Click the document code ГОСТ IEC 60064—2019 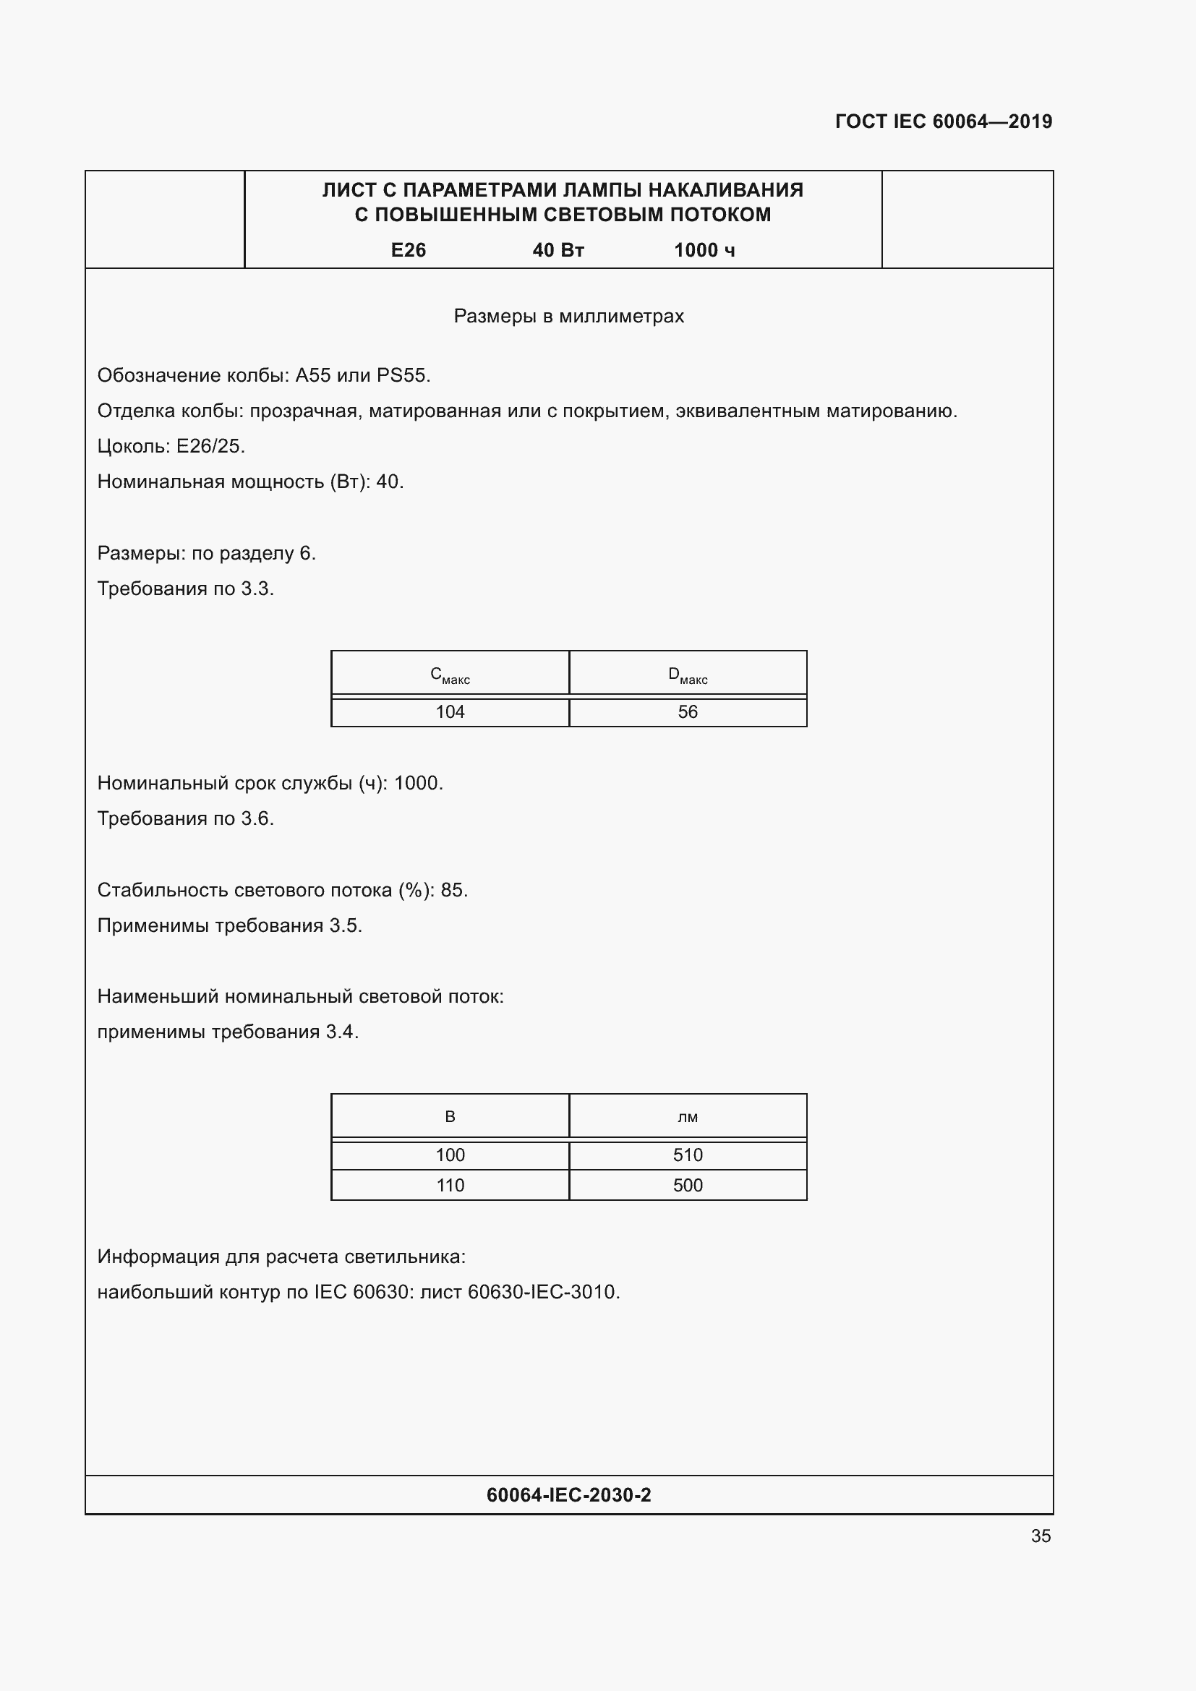coord(944,121)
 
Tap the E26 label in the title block coord(408,250)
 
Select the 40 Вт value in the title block coord(558,250)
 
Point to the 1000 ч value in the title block coord(704,250)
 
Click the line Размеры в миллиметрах coord(568,316)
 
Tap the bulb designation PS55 coord(401,376)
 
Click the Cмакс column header coord(450,675)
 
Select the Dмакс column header coord(687,675)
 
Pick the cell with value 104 coord(450,712)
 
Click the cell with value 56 coord(687,712)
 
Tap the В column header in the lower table coord(450,1116)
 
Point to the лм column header coord(687,1117)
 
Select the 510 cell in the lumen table coord(687,1155)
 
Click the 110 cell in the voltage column coord(450,1185)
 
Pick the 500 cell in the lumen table coord(687,1185)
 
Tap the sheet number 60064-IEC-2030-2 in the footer coord(568,1495)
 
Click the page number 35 coord(1041,1536)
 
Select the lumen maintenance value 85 coord(452,890)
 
